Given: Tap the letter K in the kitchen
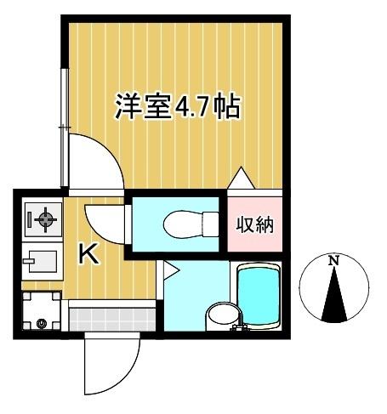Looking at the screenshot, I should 88,254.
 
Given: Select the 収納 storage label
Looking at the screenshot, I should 253,225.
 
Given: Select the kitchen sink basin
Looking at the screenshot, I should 40,260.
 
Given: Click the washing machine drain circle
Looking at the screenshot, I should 42,323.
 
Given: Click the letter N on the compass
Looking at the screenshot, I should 334,260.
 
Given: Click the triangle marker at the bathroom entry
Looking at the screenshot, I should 169,271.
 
